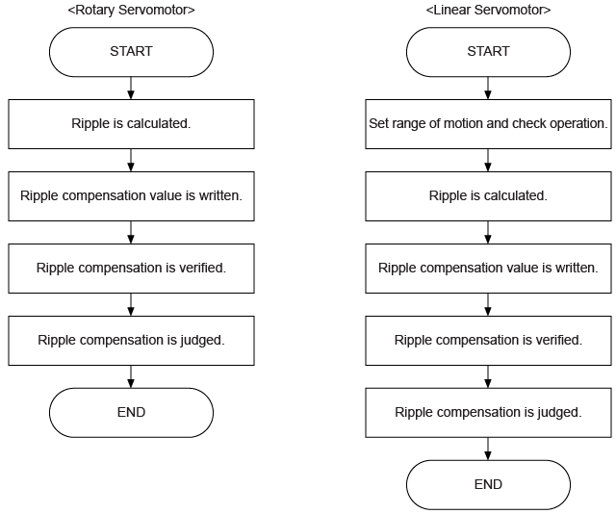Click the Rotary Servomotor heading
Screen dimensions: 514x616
tap(131, 11)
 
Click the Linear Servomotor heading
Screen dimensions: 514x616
tap(488, 11)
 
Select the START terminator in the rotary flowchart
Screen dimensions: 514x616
tap(131, 52)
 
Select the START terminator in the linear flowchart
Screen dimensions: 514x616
tap(488, 52)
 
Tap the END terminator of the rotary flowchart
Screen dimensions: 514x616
tap(131, 412)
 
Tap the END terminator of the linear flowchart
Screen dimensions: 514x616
tap(488, 484)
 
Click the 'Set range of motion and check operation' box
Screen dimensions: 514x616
tap(488, 124)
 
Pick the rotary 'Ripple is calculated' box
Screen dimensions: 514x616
tap(131, 124)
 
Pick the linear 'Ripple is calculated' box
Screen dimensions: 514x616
tap(488, 196)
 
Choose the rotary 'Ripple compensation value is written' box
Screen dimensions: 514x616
tap(131, 196)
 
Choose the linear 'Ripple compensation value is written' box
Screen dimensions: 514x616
tap(488, 268)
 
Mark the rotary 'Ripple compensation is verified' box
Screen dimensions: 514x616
tap(131, 268)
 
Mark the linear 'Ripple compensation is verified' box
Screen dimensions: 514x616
tap(488, 340)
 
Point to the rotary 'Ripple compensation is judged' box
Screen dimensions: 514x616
tap(131, 340)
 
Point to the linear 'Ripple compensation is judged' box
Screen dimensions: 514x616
tap(488, 412)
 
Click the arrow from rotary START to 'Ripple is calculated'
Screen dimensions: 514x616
tap(131, 88)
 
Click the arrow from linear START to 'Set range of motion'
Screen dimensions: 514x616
tap(488, 88)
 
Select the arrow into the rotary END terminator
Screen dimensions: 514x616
tap(131, 375)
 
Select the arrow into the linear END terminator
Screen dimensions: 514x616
tap(488, 448)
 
